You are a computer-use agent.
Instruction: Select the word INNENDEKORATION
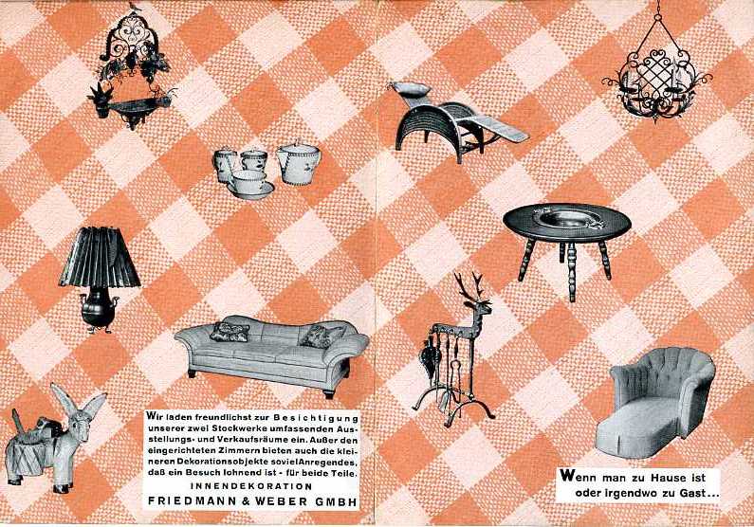pos(251,485)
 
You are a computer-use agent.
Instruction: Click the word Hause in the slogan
pos(671,478)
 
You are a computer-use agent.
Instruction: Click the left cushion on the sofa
pos(230,332)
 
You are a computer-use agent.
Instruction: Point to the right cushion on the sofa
pos(320,336)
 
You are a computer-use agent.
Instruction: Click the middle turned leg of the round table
pos(571,271)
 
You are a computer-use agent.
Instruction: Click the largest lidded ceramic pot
pos(298,162)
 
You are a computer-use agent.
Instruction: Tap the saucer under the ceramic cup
pos(250,190)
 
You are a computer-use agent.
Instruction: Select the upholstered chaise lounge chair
pos(656,403)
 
